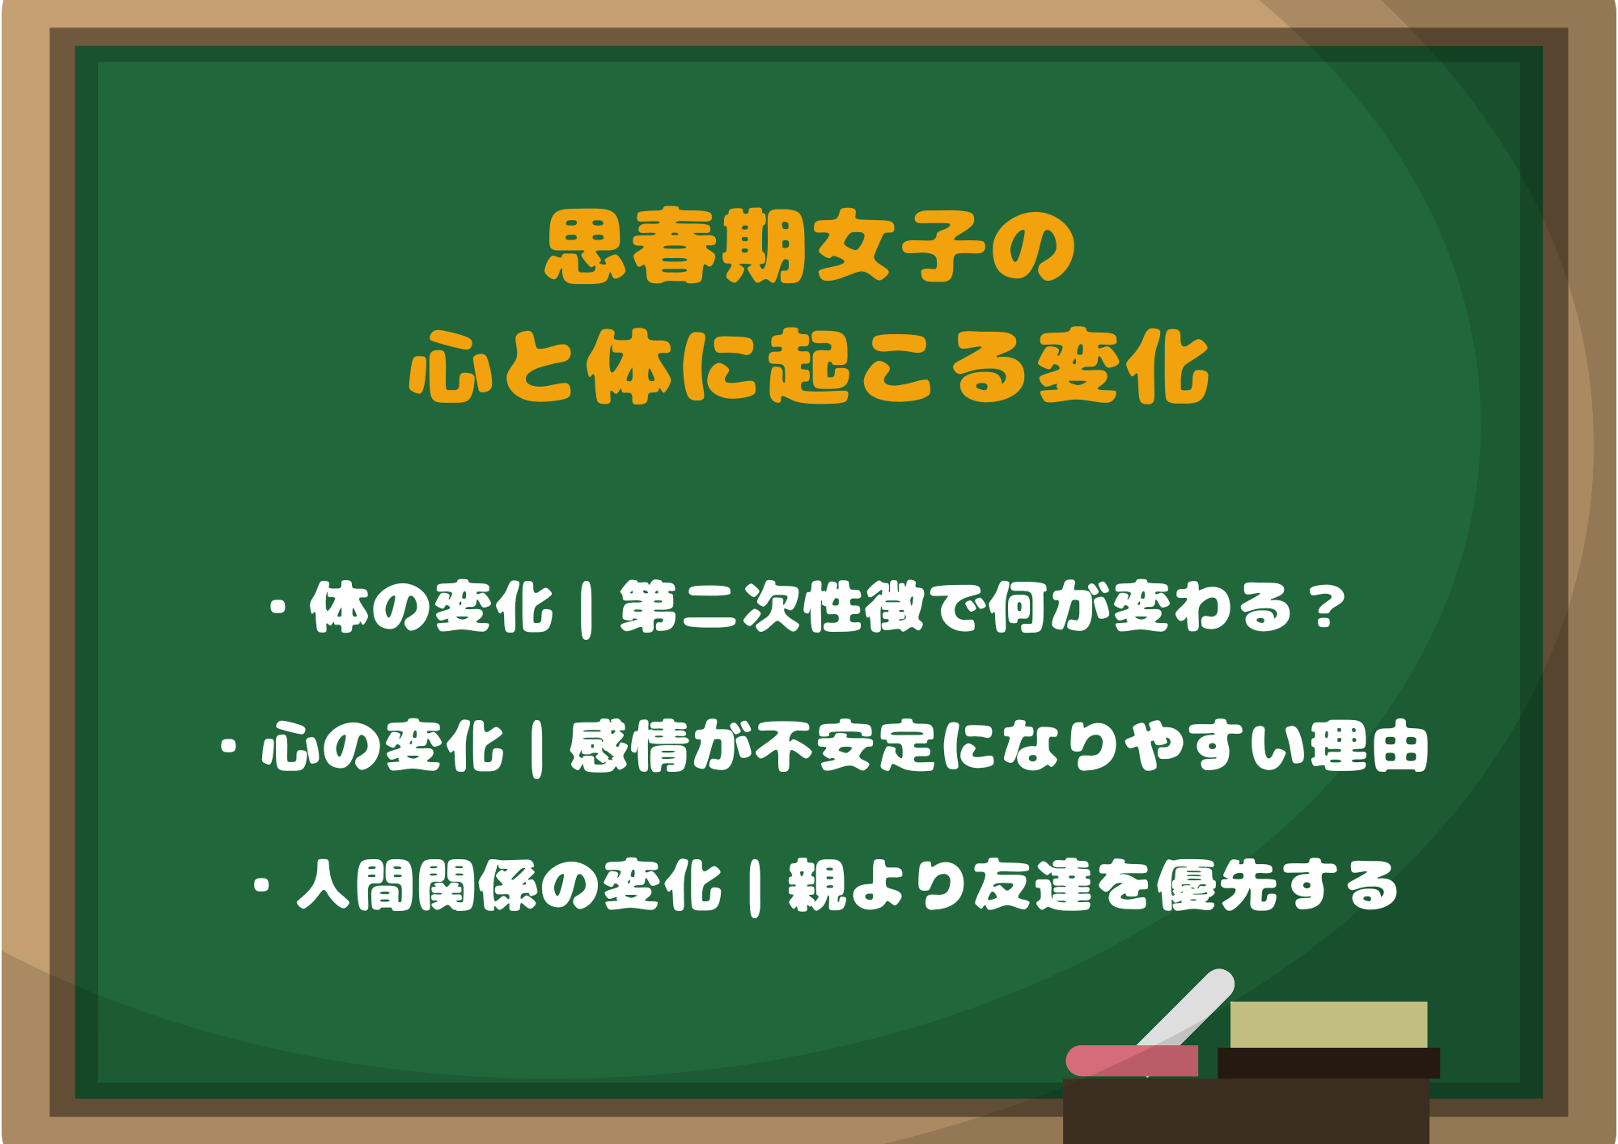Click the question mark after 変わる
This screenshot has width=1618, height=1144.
point(1327,608)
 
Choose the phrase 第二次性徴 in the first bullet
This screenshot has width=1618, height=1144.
point(773,608)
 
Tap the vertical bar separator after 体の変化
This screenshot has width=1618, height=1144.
point(586,608)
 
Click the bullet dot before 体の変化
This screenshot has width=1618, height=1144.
point(280,608)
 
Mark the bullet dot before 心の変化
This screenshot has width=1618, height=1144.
point(229,746)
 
